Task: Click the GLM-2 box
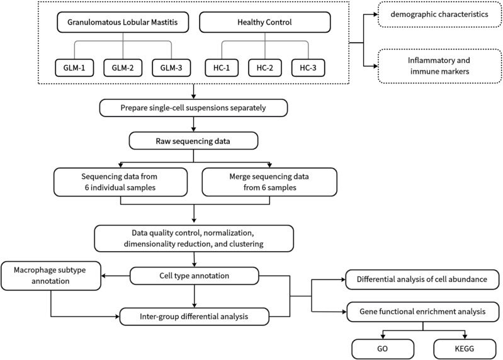(x=123, y=67)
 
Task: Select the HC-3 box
(x=308, y=67)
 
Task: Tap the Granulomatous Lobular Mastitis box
(x=123, y=22)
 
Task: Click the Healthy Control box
(x=265, y=22)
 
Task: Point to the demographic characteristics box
(x=440, y=14)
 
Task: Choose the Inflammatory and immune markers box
(x=440, y=66)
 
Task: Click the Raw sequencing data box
(x=193, y=141)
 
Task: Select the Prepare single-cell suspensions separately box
(x=193, y=108)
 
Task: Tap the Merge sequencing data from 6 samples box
(x=269, y=182)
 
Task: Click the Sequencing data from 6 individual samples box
(x=120, y=182)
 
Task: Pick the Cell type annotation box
(x=195, y=276)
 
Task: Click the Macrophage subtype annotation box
(x=51, y=276)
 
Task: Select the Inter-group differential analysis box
(x=194, y=317)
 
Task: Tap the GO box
(x=383, y=349)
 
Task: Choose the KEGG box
(x=465, y=349)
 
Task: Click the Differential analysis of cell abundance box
(x=422, y=279)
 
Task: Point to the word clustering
(x=246, y=244)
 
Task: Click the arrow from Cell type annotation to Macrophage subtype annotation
(x=115, y=276)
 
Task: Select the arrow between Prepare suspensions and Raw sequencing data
(x=193, y=125)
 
